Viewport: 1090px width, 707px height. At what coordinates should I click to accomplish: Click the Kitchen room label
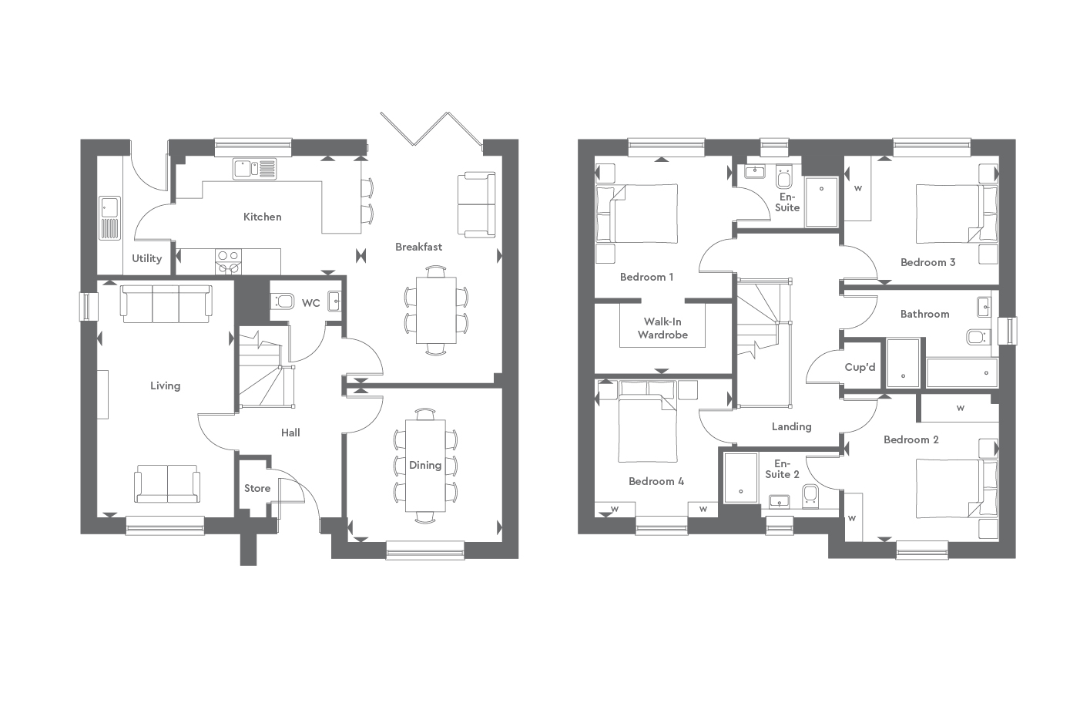(x=262, y=217)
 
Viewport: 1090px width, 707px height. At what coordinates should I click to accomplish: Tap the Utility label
(x=146, y=258)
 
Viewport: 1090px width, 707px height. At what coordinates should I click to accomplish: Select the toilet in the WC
(x=283, y=301)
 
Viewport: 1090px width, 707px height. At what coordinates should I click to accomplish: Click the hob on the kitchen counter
(x=228, y=261)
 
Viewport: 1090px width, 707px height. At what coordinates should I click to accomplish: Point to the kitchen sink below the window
(x=254, y=168)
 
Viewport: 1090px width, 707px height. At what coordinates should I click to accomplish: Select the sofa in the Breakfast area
(x=476, y=204)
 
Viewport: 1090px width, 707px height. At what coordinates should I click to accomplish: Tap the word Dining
(x=424, y=465)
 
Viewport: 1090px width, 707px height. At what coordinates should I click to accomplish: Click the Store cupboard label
(x=257, y=488)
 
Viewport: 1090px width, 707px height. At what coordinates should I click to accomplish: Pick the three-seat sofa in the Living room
(x=165, y=302)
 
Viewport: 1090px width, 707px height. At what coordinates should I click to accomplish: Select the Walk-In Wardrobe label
(x=662, y=328)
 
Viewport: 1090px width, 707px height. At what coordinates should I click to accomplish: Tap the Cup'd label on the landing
(x=860, y=367)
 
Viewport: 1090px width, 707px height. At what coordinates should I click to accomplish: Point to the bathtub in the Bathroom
(x=961, y=372)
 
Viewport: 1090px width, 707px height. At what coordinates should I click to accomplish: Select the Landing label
(x=791, y=426)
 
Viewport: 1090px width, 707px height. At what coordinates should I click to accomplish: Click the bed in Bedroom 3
(x=949, y=214)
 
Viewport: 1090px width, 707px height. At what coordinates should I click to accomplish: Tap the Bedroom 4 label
(x=656, y=481)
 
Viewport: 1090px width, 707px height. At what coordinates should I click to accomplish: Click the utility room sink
(x=109, y=207)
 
